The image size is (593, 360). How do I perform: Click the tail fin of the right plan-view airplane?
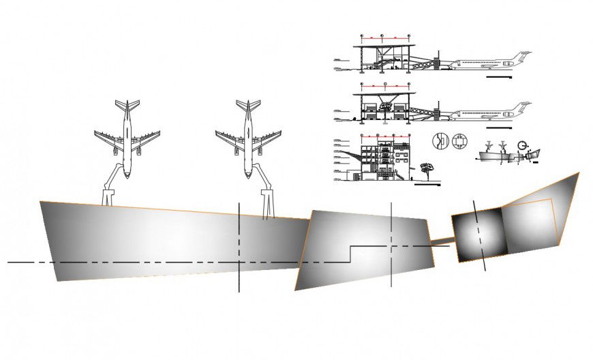(249, 105)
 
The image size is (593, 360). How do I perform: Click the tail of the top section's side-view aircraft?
(522, 56)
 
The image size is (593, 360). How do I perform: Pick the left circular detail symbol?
(441, 140)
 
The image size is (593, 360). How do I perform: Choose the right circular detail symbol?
(459, 140)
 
